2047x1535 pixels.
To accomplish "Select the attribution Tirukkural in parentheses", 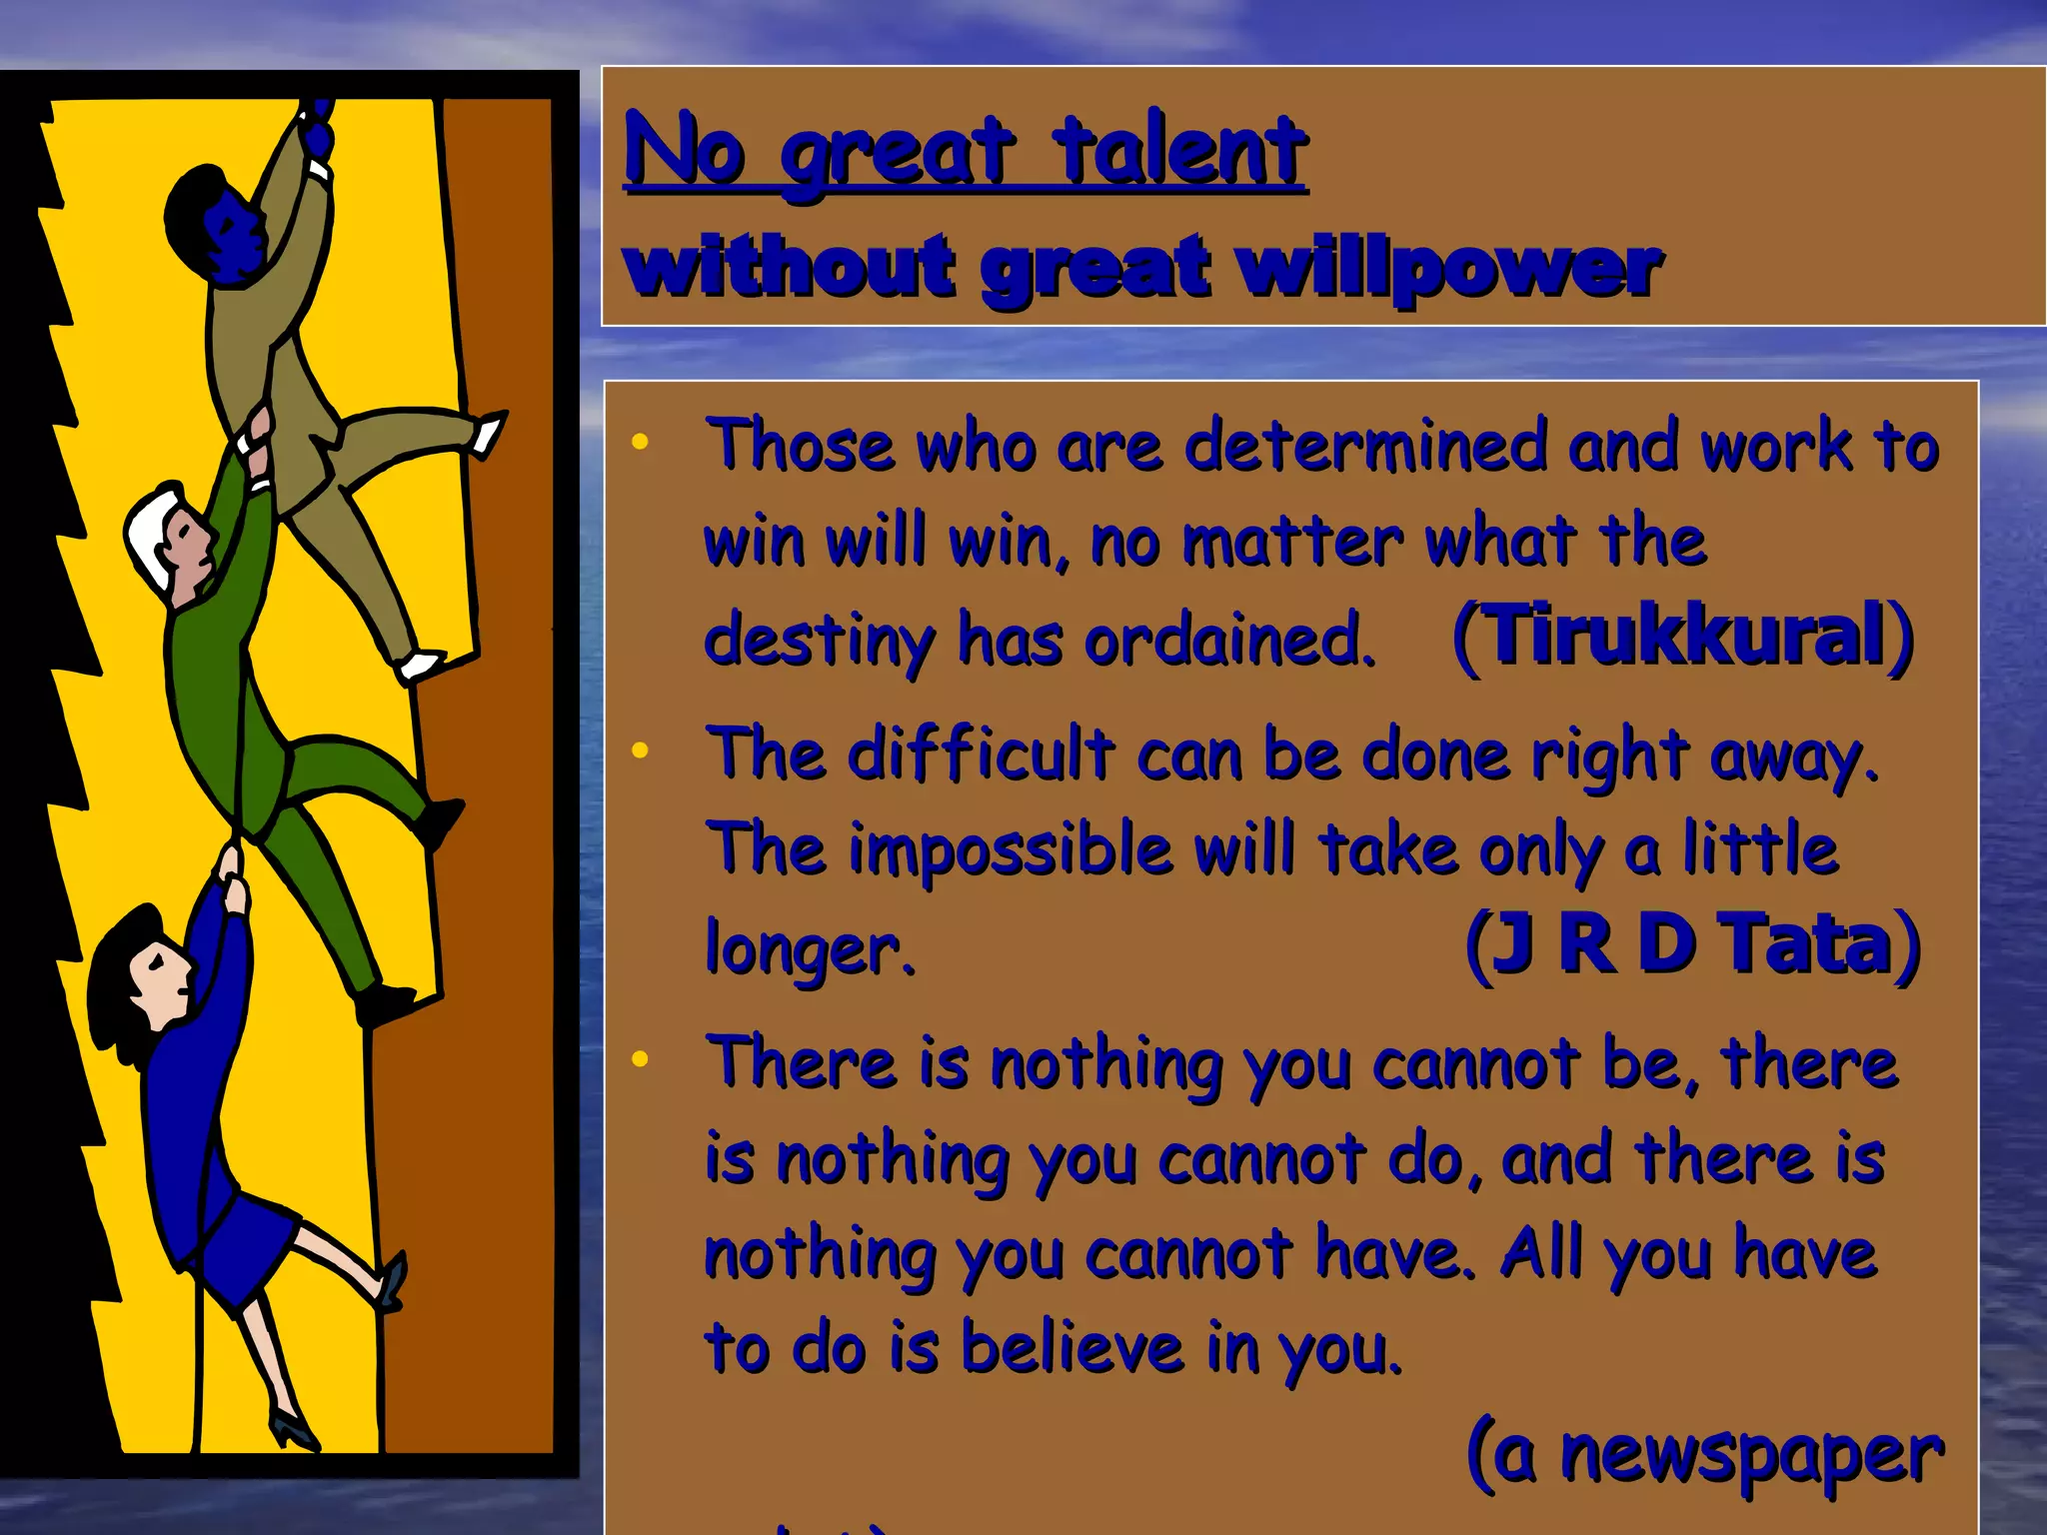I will (x=1685, y=636).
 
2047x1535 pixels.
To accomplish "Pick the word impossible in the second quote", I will (x=1011, y=849).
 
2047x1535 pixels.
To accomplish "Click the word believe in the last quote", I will (x=1072, y=1346).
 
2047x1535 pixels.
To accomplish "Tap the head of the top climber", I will (x=215, y=225).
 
